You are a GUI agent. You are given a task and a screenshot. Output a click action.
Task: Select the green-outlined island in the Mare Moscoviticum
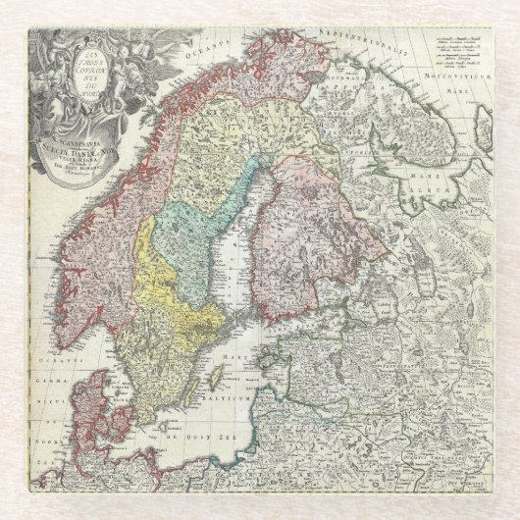coord(482,126)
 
